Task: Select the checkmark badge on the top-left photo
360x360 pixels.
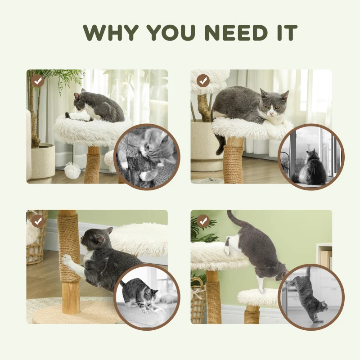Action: [x=38, y=81]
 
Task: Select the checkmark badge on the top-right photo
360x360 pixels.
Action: [x=203, y=81]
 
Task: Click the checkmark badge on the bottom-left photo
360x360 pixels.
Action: [x=38, y=221]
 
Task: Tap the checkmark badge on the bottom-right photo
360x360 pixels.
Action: [x=203, y=221]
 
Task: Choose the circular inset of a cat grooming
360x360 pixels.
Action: [x=148, y=156]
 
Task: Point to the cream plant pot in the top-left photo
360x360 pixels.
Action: [x=43, y=160]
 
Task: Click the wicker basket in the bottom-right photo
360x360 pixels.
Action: [x=198, y=299]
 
